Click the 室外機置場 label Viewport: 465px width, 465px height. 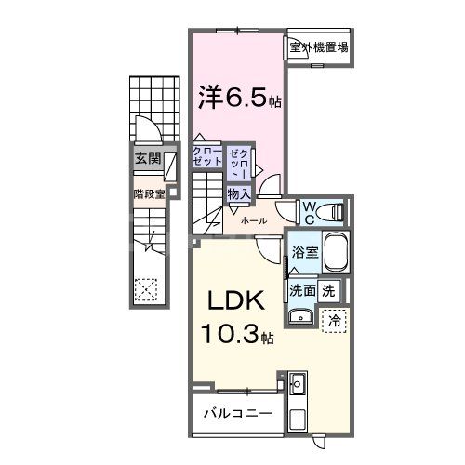pos(319,46)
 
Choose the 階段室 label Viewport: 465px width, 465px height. pos(148,194)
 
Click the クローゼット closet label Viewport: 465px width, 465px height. pos(206,156)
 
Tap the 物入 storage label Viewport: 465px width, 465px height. pos(238,193)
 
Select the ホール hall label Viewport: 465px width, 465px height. pos(253,221)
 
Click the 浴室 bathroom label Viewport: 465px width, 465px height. pos(304,251)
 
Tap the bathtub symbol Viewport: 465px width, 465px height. pos(334,254)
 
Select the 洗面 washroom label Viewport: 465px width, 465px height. pos(302,290)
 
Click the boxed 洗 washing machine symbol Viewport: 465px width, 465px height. pos(328,290)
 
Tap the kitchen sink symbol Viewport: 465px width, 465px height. pos(299,383)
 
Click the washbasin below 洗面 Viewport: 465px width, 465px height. pos(299,318)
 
